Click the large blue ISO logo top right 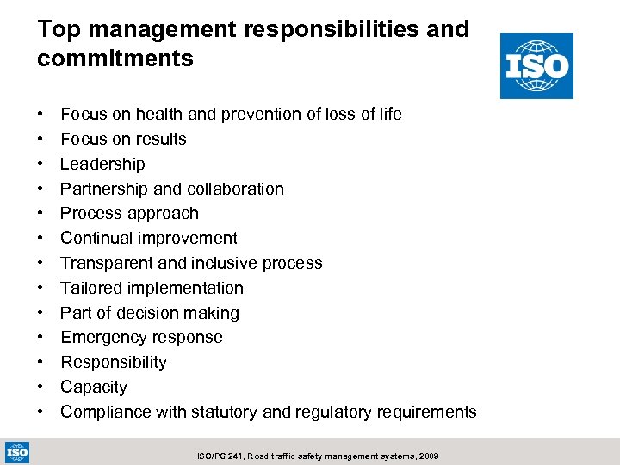pos(536,65)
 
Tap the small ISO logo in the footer pos(17,451)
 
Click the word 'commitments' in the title pos(115,59)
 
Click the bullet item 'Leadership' pos(102,164)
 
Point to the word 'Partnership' pos(103,189)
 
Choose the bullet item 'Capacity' pos(93,387)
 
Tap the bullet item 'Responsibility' pos(113,362)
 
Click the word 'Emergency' pos(102,337)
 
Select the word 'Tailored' pos(90,288)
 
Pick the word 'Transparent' pos(106,263)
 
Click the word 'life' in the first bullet pos(388,114)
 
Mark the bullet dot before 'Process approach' pos(41,214)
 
